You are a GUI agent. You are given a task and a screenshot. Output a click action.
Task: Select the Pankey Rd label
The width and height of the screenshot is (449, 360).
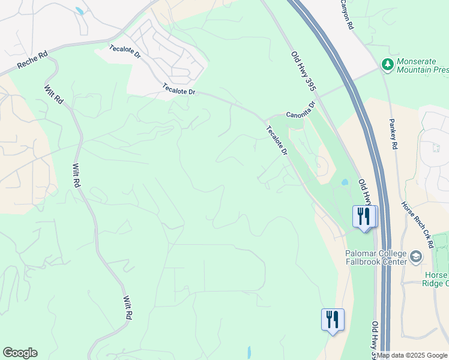coord(394,137)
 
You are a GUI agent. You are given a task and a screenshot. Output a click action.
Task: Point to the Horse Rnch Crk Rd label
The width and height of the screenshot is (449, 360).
coord(418,224)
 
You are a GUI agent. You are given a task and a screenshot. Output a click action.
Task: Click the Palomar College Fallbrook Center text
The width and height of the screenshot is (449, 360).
coord(376,257)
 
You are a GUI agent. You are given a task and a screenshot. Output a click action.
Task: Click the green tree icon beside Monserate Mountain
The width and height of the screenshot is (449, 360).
coord(388,64)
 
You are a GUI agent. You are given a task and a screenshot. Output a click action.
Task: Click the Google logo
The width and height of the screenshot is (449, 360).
coord(20,353)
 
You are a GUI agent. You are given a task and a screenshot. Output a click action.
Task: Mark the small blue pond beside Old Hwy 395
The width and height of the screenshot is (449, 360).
coord(344,182)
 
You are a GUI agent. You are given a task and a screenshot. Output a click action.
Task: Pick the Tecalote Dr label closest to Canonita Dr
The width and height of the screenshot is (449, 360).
coord(277,140)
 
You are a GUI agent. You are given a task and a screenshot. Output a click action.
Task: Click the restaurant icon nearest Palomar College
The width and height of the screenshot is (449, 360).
coord(364,217)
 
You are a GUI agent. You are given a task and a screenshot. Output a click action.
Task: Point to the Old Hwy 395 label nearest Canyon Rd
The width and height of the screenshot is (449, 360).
coord(303,71)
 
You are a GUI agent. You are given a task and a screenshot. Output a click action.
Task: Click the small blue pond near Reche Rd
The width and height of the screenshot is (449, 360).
coord(80,11)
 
